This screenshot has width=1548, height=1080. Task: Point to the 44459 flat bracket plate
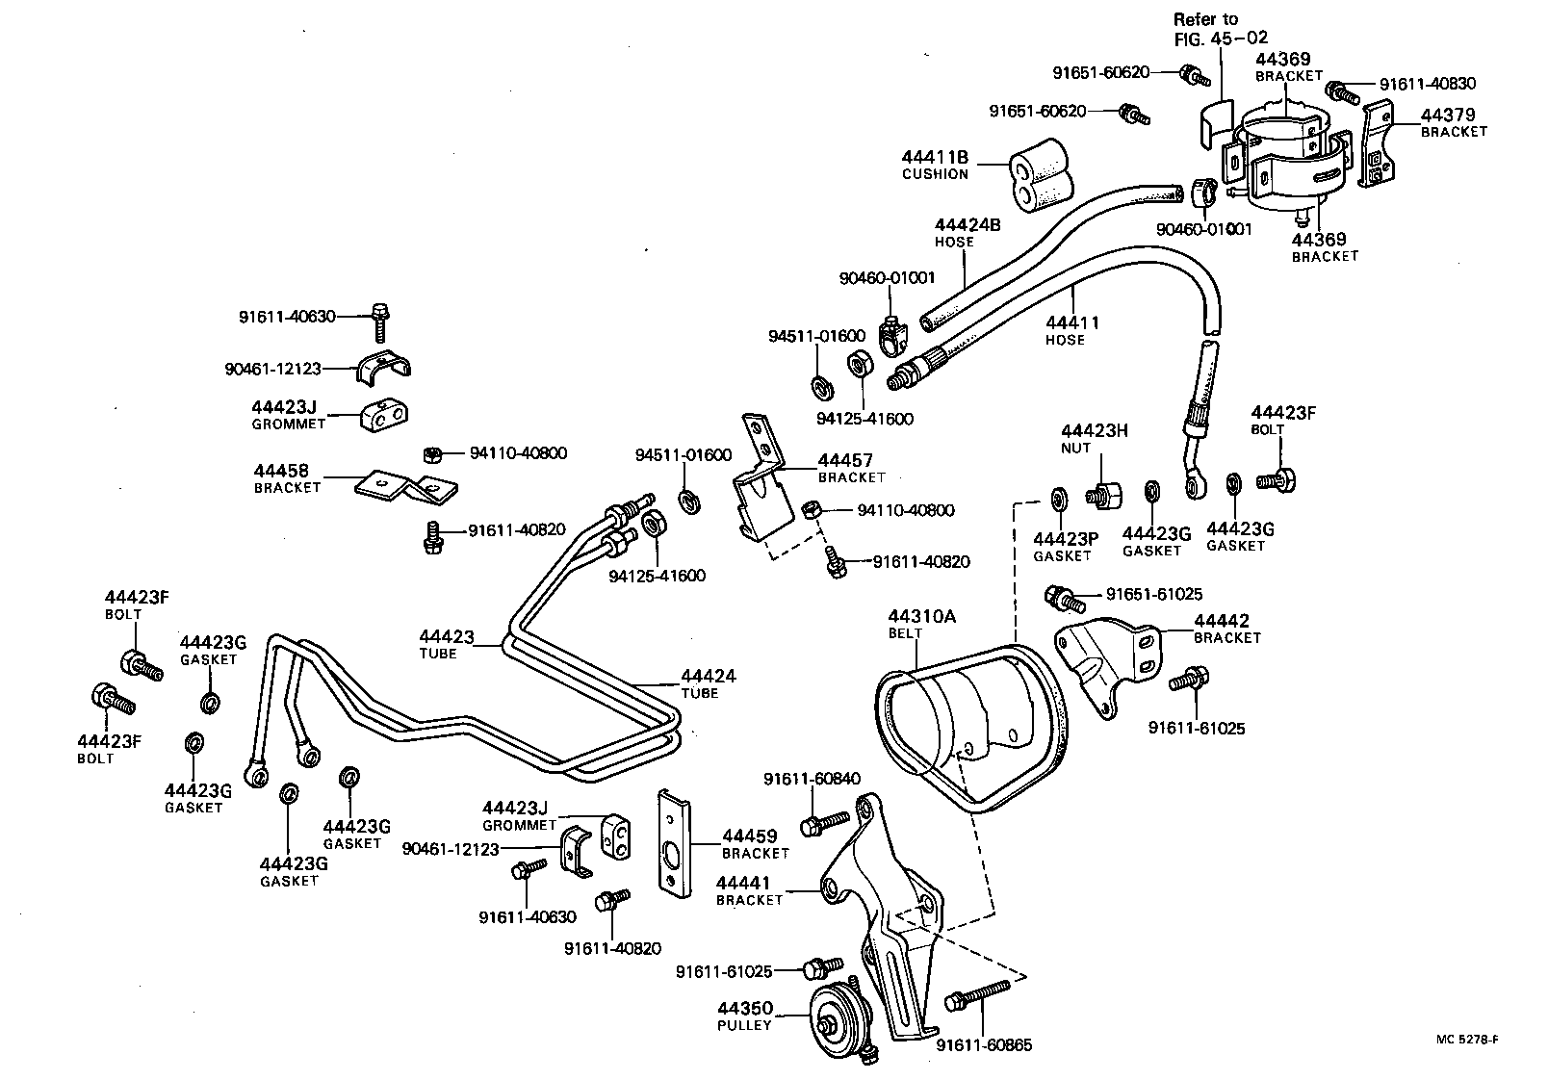pyautogui.click(x=673, y=843)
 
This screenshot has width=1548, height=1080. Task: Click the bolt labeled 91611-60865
pyautogui.click(x=976, y=994)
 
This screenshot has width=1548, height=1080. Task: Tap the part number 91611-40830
pyautogui.click(x=1427, y=85)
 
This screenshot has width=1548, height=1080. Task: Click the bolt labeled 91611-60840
pyautogui.click(x=825, y=822)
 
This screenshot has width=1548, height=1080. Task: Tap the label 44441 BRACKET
pyautogui.click(x=749, y=890)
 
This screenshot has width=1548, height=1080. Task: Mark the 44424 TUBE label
pyautogui.click(x=708, y=683)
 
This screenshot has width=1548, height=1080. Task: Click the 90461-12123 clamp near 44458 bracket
pyautogui.click(x=385, y=368)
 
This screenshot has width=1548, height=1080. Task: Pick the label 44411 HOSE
pyautogui.click(x=1071, y=330)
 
